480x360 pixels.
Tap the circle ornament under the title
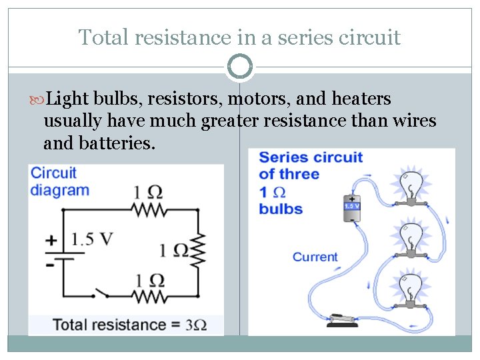tap(240, 67)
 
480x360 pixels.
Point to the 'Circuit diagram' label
tap(59, 181)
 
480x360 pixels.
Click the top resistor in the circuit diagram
tap(148, 209)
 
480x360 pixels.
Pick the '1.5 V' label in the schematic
tap(91, 239)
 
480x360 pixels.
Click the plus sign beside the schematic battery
tap(50, 239)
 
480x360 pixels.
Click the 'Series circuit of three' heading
tap(310, 166)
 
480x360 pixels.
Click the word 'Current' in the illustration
tap(315, 257)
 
